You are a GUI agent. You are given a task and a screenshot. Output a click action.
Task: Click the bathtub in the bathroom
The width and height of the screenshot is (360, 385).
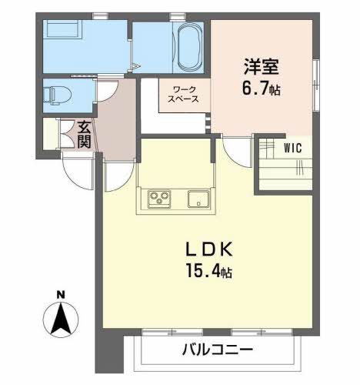pos(189,47)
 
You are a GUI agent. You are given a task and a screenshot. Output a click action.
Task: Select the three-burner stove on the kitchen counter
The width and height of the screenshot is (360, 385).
pos(159,199)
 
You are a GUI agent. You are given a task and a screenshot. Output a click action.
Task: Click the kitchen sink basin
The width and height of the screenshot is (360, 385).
pos(198,199)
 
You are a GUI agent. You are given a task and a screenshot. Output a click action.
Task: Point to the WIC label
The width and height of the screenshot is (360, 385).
pos(293,148)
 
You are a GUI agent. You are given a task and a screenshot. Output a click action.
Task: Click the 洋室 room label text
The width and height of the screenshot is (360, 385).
pos(262,66)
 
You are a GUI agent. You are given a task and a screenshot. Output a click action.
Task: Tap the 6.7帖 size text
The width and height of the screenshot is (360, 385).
pos(262,89)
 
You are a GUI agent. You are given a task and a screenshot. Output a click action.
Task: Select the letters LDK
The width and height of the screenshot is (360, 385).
pos(209,249)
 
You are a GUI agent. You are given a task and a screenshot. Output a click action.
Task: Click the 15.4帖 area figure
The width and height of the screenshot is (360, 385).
pos(209,271)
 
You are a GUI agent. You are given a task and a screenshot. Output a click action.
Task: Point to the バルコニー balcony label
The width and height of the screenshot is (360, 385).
pos(218,349)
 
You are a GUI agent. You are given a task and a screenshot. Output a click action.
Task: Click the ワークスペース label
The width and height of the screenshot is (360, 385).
pos(183,95)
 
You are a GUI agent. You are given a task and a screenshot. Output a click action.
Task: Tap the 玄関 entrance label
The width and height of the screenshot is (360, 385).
pos(85,134)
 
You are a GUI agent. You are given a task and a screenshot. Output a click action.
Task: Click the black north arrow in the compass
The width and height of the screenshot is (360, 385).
pos(61,319)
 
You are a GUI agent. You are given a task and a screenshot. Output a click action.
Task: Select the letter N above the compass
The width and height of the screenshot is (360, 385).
pos(61,295)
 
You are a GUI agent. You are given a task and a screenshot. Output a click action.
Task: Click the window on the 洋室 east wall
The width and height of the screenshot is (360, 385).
pos(316,85)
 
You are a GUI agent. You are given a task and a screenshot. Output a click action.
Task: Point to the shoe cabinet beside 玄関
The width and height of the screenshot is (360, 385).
pos(50,133)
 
